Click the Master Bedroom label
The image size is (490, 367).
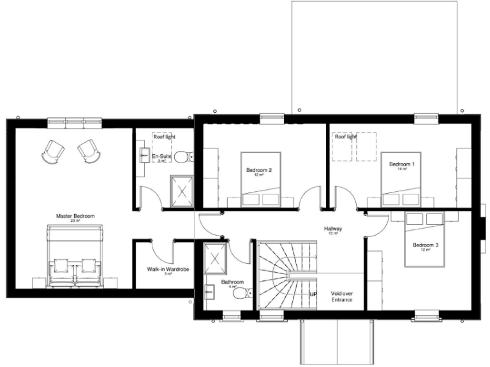(x=75, y=217)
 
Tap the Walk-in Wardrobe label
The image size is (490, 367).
(x=168, y=270)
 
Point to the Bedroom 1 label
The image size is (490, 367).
(x=402, y=164)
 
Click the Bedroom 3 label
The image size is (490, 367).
(x=426, y=246)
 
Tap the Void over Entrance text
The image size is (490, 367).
(x=341, y=296)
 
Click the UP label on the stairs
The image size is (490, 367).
(x=313, y=294)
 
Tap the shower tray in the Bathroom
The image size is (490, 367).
(x=215, y=257)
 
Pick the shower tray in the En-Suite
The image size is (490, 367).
(x=181, y=189)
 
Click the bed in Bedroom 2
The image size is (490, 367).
(x=260, y=178)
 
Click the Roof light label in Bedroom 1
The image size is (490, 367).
(x=346, y=137)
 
